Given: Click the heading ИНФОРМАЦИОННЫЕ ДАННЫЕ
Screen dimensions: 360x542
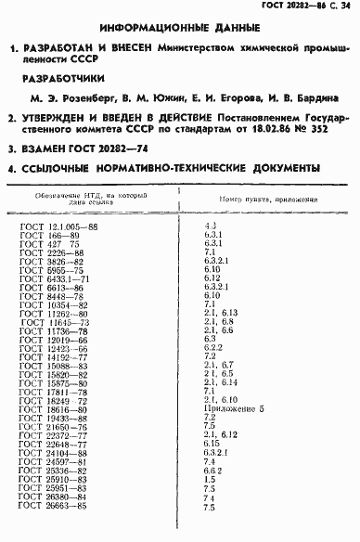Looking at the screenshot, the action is coord(180,30).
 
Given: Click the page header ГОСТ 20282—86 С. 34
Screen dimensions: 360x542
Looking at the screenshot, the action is coord(300,8).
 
